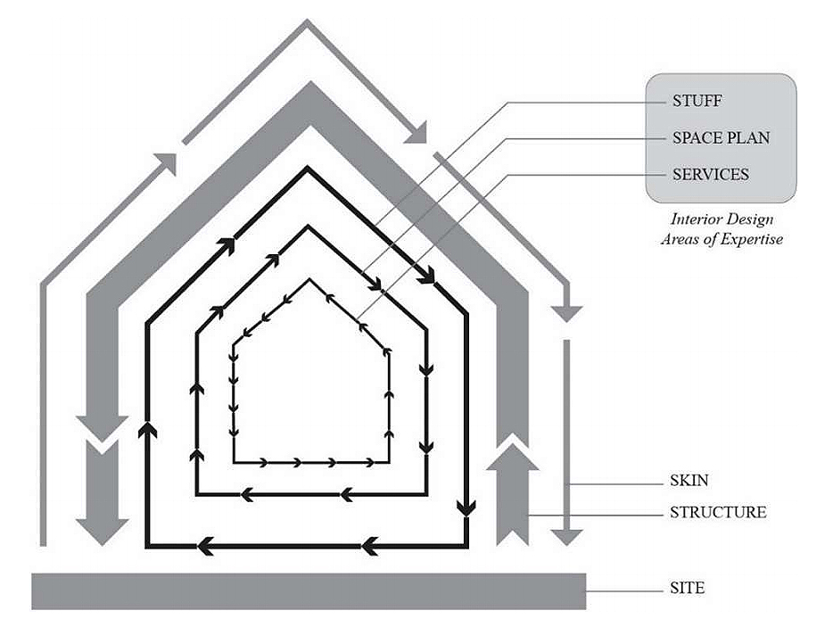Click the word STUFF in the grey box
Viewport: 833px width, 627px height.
(x=697, y=101)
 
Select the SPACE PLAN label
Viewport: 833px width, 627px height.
(x=721, y=138)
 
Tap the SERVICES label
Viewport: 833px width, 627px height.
(x=710, y=174)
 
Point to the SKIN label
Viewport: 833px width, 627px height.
(x=689, y=481)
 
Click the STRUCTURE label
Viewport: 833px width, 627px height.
(x=717, y=513)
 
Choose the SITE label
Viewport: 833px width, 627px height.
(x=687, y=589)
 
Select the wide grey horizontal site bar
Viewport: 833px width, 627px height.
(x=309, y=590)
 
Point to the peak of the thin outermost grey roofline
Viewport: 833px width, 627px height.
(x=309, y=23)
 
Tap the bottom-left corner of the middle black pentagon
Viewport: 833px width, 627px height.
(x=196, y=492)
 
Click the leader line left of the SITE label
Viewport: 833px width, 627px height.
(x=624, y=589)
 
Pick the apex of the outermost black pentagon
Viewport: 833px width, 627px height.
(x=309, y=168)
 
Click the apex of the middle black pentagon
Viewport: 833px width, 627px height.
(x=309, y=227)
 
